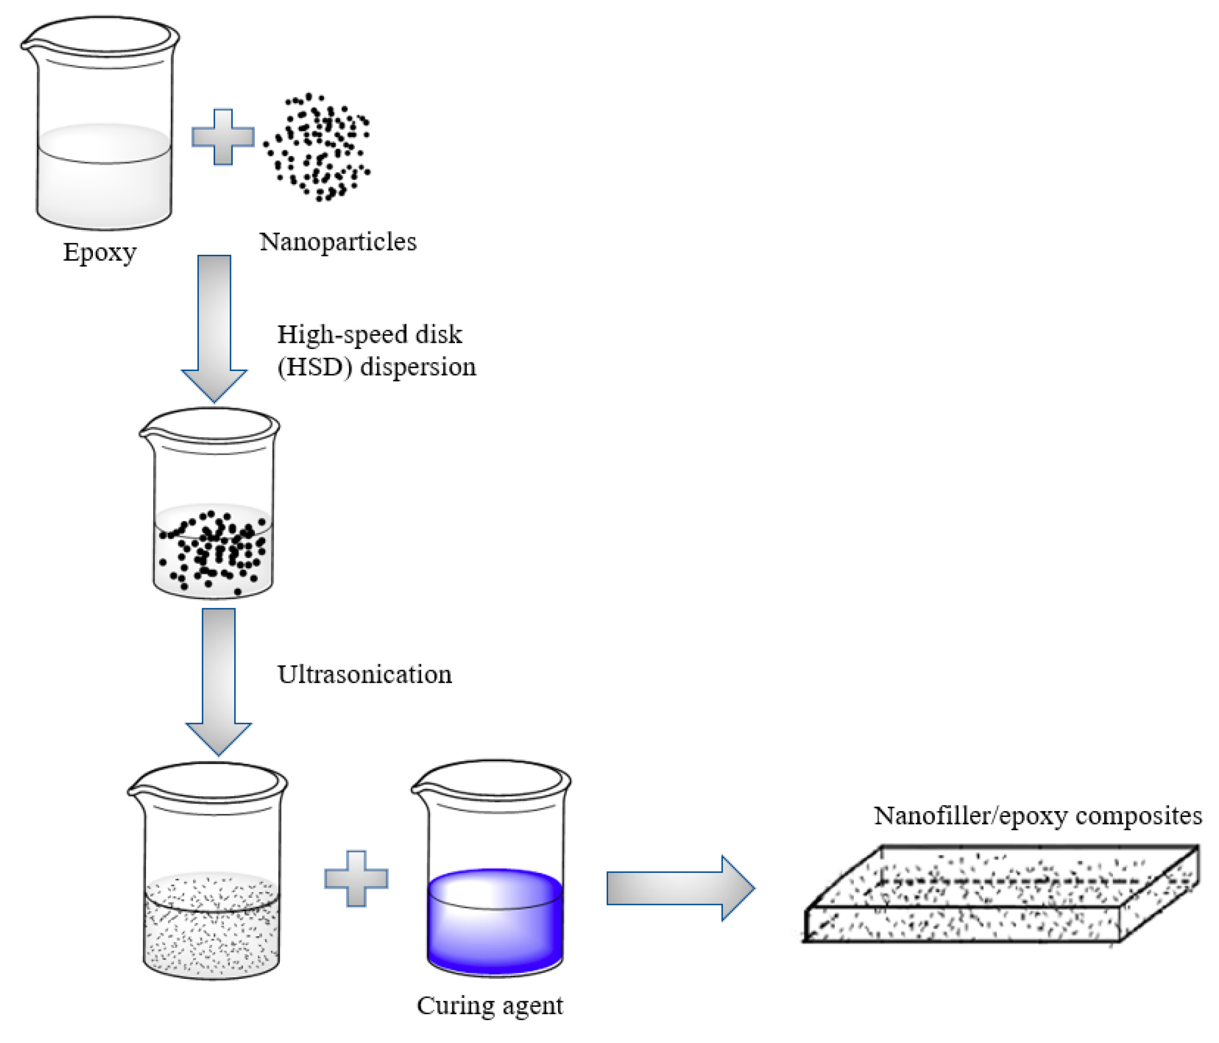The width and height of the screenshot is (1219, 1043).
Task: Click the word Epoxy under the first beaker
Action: [x=99, y=253]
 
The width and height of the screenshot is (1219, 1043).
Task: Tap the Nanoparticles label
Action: [x=337, y=242]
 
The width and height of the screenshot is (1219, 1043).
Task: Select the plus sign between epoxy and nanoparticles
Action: [x=223, y=137]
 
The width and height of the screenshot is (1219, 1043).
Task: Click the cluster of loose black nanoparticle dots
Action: [x=318, y=147]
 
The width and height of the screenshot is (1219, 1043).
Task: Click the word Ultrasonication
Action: [x=364, y=674]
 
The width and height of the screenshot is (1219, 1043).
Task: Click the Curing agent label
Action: [x=490, y=1006]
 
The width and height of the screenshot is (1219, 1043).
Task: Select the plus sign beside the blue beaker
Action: [x=356, y=878]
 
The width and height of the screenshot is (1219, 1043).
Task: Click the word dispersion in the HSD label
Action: [x=418, y=367]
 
